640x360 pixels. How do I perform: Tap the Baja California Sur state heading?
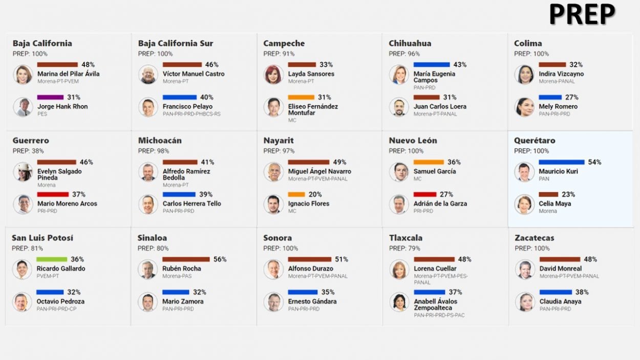(176, 44)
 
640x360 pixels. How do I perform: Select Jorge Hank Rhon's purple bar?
(50, 97)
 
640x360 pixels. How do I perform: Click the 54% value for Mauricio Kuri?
(594, 162)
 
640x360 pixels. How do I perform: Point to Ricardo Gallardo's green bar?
(52, 260)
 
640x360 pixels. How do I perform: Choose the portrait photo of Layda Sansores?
(273, 75)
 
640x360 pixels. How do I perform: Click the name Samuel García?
(434, 172)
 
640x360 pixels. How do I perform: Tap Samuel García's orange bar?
(429, 162)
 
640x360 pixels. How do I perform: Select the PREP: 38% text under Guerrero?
(28, 151)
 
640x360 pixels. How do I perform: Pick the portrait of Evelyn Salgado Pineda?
(23, 172)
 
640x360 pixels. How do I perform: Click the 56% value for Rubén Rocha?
(220, 260)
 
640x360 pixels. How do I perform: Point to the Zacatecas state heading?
(534, 238)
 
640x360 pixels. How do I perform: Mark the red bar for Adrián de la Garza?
(425, 195)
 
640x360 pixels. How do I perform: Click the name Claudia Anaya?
(560, 302)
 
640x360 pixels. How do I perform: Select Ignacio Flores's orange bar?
(296, 195)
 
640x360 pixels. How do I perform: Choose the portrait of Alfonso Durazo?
(273, 269)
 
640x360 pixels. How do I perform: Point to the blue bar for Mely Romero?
(550, 97)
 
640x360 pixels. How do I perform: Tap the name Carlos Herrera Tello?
(191, 204)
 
